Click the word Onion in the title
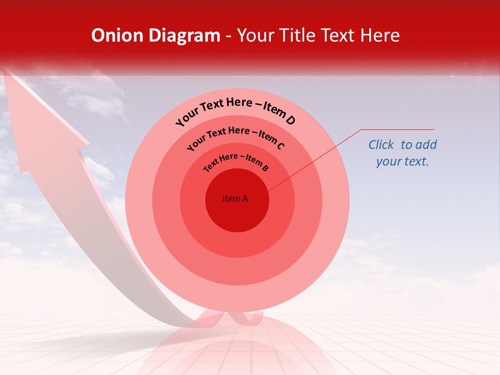117,35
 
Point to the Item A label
235,198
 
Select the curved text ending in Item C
235,136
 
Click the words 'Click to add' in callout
403,145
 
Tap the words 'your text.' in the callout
402,161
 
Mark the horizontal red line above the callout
397,129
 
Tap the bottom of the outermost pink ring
238,305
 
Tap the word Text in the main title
338,35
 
